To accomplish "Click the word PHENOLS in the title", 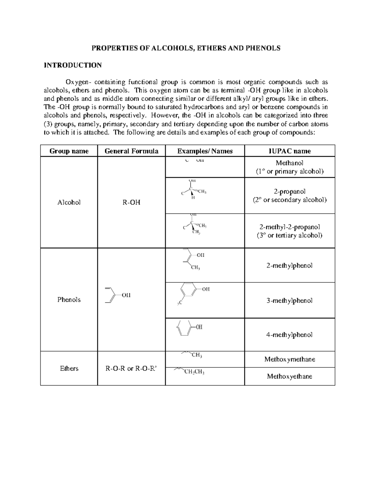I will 265,48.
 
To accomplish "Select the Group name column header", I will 69,151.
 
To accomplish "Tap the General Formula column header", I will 131,151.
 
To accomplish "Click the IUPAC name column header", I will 290,151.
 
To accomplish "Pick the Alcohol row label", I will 69,202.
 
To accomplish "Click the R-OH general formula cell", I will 131,202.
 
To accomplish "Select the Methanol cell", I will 290,163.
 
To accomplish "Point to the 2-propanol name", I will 290,191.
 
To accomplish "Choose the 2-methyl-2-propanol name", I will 290,227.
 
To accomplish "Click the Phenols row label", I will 69,300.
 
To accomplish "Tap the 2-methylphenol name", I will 290,266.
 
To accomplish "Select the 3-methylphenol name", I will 290,300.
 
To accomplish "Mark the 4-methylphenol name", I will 290,335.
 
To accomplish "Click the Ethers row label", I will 69,368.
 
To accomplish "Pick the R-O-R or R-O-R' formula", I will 131,369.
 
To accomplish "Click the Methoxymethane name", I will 290,359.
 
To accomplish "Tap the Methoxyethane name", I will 290,376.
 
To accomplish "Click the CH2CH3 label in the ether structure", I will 194,372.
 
